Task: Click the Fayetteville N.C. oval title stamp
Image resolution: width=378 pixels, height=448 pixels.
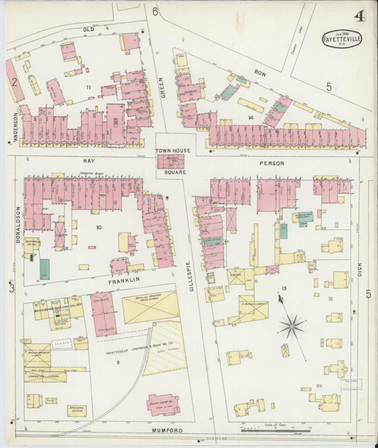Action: click(x=342, y=38)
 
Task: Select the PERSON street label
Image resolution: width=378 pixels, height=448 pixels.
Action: click(x=274, y=163)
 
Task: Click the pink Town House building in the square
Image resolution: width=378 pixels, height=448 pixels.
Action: click(x=170, y=162)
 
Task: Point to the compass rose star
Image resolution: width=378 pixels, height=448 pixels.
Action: click(x=291, y=326)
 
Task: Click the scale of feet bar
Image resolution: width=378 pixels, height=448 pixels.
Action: click(x=269, y=430)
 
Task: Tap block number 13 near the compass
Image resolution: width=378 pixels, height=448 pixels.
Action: click(x=283, y=289)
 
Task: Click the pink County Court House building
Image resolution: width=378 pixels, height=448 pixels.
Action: click(x=164, y=404)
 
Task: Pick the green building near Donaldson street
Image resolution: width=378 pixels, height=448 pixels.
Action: click(x=45, y=269)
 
